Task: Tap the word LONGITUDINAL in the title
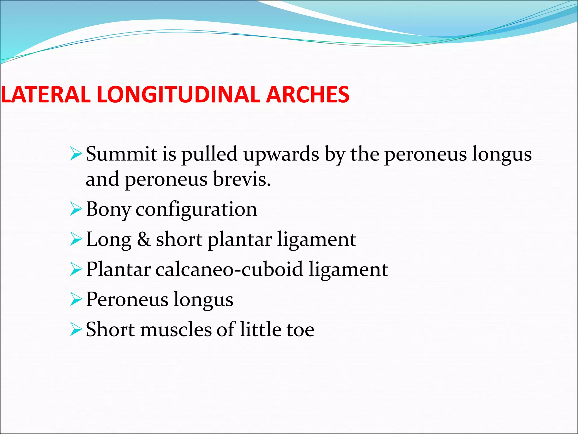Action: pyautogui.click(x=179, y=94)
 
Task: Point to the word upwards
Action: pyautogui.click(x=281, y=155)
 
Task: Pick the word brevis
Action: pyautogui.click(x=242, y=179)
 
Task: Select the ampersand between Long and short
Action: pyautogui.click(x=144, y=239)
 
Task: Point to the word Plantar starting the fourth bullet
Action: pyautogui.click(x=118, y=269)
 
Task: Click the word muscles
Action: pyautogui.click(x=176, y=329)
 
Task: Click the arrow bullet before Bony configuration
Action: pyautogui.click(x=76, y=209)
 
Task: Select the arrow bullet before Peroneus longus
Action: pyautogui.click(x=76, y=300)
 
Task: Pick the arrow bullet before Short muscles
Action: pyautogui.click(x=76, y=329)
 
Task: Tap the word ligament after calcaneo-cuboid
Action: pyautogui.click(x=348, y=269)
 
